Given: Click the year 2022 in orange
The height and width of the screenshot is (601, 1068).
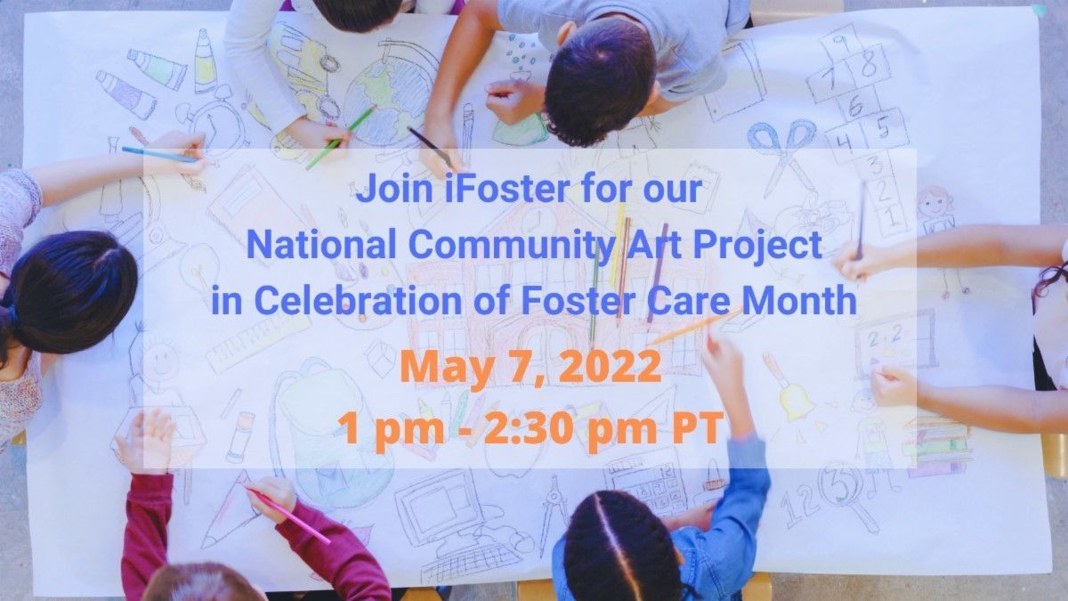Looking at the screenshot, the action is point(610,366).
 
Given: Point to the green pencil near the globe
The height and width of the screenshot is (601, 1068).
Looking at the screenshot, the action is point(340,138).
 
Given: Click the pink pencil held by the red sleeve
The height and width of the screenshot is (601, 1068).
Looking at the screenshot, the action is point(288,516).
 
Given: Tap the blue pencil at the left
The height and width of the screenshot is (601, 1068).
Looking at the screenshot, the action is point(159,155).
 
